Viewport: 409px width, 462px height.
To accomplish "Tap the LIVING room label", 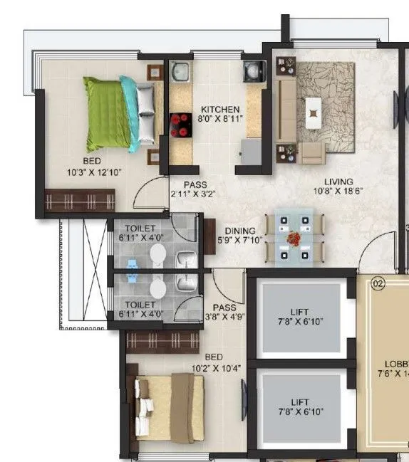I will tap(337, 182).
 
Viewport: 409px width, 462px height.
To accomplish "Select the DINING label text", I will tap(241, 231).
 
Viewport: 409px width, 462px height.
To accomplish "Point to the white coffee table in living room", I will tap(314, 110).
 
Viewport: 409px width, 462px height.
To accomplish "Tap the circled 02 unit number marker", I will tap(378, 283).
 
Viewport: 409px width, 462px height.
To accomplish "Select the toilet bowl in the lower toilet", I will tap(157, 285).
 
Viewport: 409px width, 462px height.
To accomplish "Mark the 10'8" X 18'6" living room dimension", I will tap(337, 192).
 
